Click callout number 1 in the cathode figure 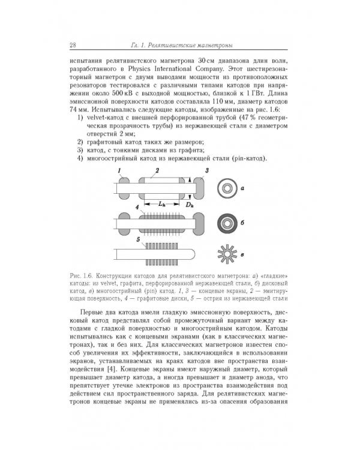click(x=121, y=172)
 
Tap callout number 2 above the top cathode click(x=157, y=172)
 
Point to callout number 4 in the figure click(x=137, y=207)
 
